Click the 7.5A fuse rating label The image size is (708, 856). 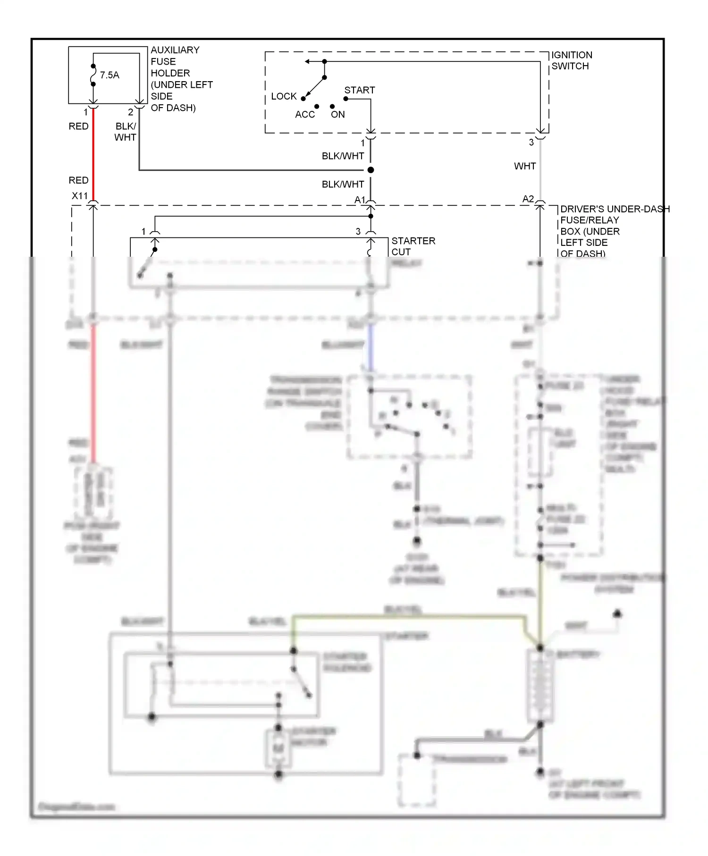110,75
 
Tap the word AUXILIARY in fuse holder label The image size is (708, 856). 175,50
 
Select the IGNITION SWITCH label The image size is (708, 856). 571,60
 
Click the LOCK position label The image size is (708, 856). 284,96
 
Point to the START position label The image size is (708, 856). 359,90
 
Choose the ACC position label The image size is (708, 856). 304,115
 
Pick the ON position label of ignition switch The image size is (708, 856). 337,115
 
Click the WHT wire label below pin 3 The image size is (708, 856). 524,166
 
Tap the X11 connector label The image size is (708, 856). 79,196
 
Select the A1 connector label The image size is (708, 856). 360,200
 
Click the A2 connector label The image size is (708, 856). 528,199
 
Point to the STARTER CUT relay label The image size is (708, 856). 413,246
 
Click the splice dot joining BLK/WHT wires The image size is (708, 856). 371,170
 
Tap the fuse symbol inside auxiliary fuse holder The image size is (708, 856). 93,75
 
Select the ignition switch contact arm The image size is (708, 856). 314,88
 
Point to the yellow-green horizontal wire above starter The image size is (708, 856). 406,616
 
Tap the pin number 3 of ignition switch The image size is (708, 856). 531,142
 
